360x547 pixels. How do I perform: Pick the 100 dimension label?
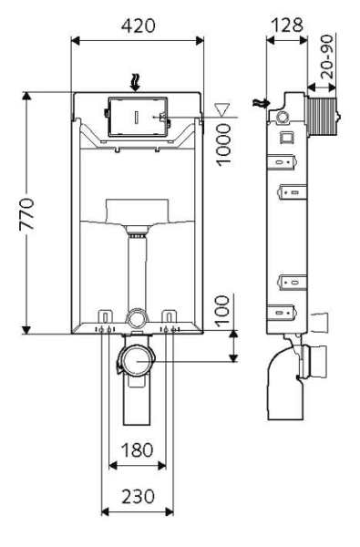click(x=222, y=314)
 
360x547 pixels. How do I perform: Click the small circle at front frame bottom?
click(x=137, y=319)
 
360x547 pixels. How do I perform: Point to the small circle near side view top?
click(x=283, y=118)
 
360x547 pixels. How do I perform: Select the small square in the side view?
click(x=284, y=139)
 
